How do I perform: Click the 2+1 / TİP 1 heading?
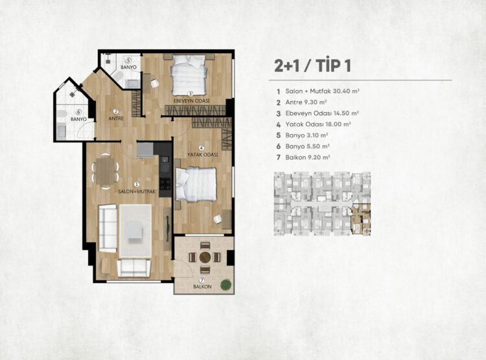(312, 65)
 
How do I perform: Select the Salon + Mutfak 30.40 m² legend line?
(318, 91)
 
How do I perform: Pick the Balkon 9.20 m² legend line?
(303, 157)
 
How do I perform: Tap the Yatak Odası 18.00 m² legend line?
(314, 124)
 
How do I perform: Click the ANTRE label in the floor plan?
(116, 118)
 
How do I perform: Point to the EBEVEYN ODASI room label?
(191, 101)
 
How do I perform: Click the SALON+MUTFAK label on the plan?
(137, 192)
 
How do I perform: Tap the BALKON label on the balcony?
(202, 287)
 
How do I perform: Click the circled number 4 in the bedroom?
(202, 148)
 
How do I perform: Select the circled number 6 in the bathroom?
(78, 113)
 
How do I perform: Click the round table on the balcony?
(205, 257)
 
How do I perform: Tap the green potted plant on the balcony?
(226, 285)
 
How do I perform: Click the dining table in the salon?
(106, 171)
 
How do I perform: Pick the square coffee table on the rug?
(134, 230)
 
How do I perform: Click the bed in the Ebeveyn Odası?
(189, 75)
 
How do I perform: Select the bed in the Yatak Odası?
(196, 185)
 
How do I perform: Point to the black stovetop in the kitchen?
(165, 183)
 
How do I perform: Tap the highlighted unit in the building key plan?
(361, 219)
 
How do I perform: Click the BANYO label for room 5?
(128, 67)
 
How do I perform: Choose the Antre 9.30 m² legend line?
(302, 102)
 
